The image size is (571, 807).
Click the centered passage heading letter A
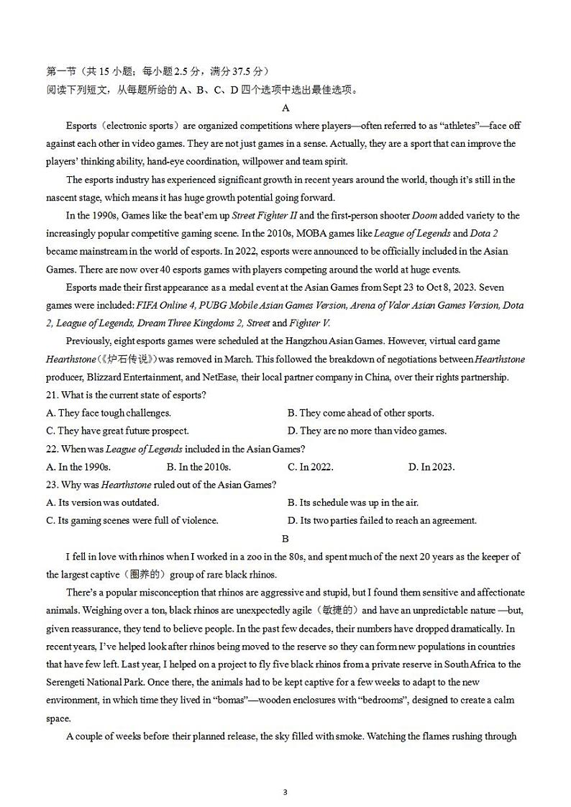[x=285, y=108]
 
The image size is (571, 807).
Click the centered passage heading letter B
[x=285, y=538]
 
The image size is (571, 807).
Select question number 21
[x=52, y=395]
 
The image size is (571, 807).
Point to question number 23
[x=52, y=485]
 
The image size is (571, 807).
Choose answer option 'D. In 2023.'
[x=431, y=467]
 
